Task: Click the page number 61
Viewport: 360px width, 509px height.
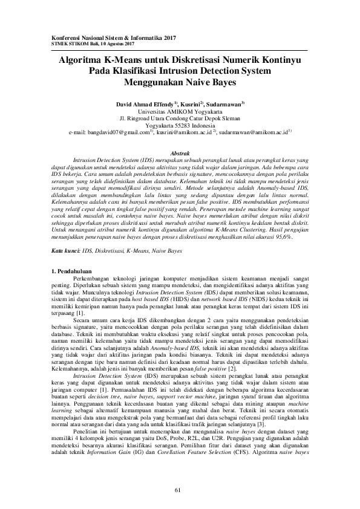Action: point(178,489)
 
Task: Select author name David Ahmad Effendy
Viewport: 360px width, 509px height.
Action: point(145,105)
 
